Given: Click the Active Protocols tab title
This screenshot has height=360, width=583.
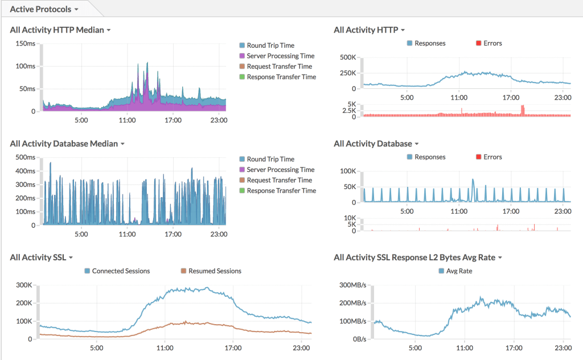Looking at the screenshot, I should click(40, 9).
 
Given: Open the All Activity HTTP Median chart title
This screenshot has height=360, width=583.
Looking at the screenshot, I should click(57, 30).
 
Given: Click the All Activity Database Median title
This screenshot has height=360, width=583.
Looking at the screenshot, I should click(64, 144).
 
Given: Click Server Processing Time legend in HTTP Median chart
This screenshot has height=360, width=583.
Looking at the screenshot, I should click(280, 56).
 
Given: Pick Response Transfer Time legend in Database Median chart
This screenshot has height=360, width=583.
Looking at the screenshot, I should click(281, 191).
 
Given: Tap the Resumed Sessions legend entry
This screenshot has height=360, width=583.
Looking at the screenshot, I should click(215, 271).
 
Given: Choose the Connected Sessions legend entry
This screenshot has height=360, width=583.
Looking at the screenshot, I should click(121, 271).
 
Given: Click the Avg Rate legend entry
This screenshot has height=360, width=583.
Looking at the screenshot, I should click(459, 271).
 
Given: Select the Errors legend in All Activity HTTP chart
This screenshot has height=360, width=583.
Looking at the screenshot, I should click(492, 43).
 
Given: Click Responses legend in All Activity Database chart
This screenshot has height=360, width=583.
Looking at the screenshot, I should click(430, 157).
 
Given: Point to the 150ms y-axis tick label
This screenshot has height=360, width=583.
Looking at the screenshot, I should click(25, 43).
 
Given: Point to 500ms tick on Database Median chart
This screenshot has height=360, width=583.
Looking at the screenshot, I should click(25, 157).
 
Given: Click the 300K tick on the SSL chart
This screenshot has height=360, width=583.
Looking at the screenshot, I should click(23, 285).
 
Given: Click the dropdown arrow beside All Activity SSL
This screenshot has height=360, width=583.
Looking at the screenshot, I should click(71, 258).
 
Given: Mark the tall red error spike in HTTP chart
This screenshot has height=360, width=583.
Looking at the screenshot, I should click(522, 109).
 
